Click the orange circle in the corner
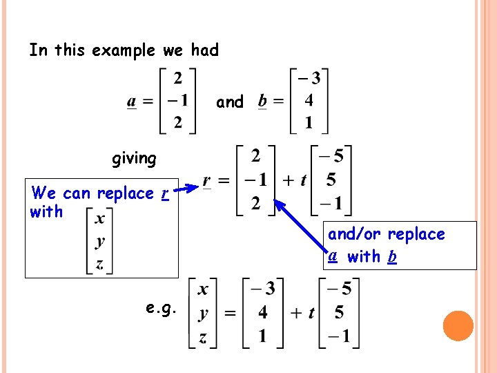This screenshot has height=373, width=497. click(x=458, y=326)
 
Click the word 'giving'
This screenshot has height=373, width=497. click(x=134, y=159)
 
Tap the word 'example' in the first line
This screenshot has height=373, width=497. click(x=124, y=50)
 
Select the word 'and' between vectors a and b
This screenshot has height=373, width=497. click(x=230, y=102)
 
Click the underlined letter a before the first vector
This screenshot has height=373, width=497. click(x=131, y=102)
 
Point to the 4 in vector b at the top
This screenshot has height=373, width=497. click(x=309, y=101)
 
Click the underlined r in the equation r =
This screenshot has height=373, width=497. click(x=207, y=181)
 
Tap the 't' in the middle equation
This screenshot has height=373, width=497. click(x=303, y=181)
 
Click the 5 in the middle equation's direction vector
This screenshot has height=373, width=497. click(x=331, y=180)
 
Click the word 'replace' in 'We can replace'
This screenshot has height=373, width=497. click(x=125, y=193)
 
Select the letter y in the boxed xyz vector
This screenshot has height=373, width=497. click(x=101, y=241)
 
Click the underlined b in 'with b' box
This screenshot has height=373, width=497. click(x=391, y=257)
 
